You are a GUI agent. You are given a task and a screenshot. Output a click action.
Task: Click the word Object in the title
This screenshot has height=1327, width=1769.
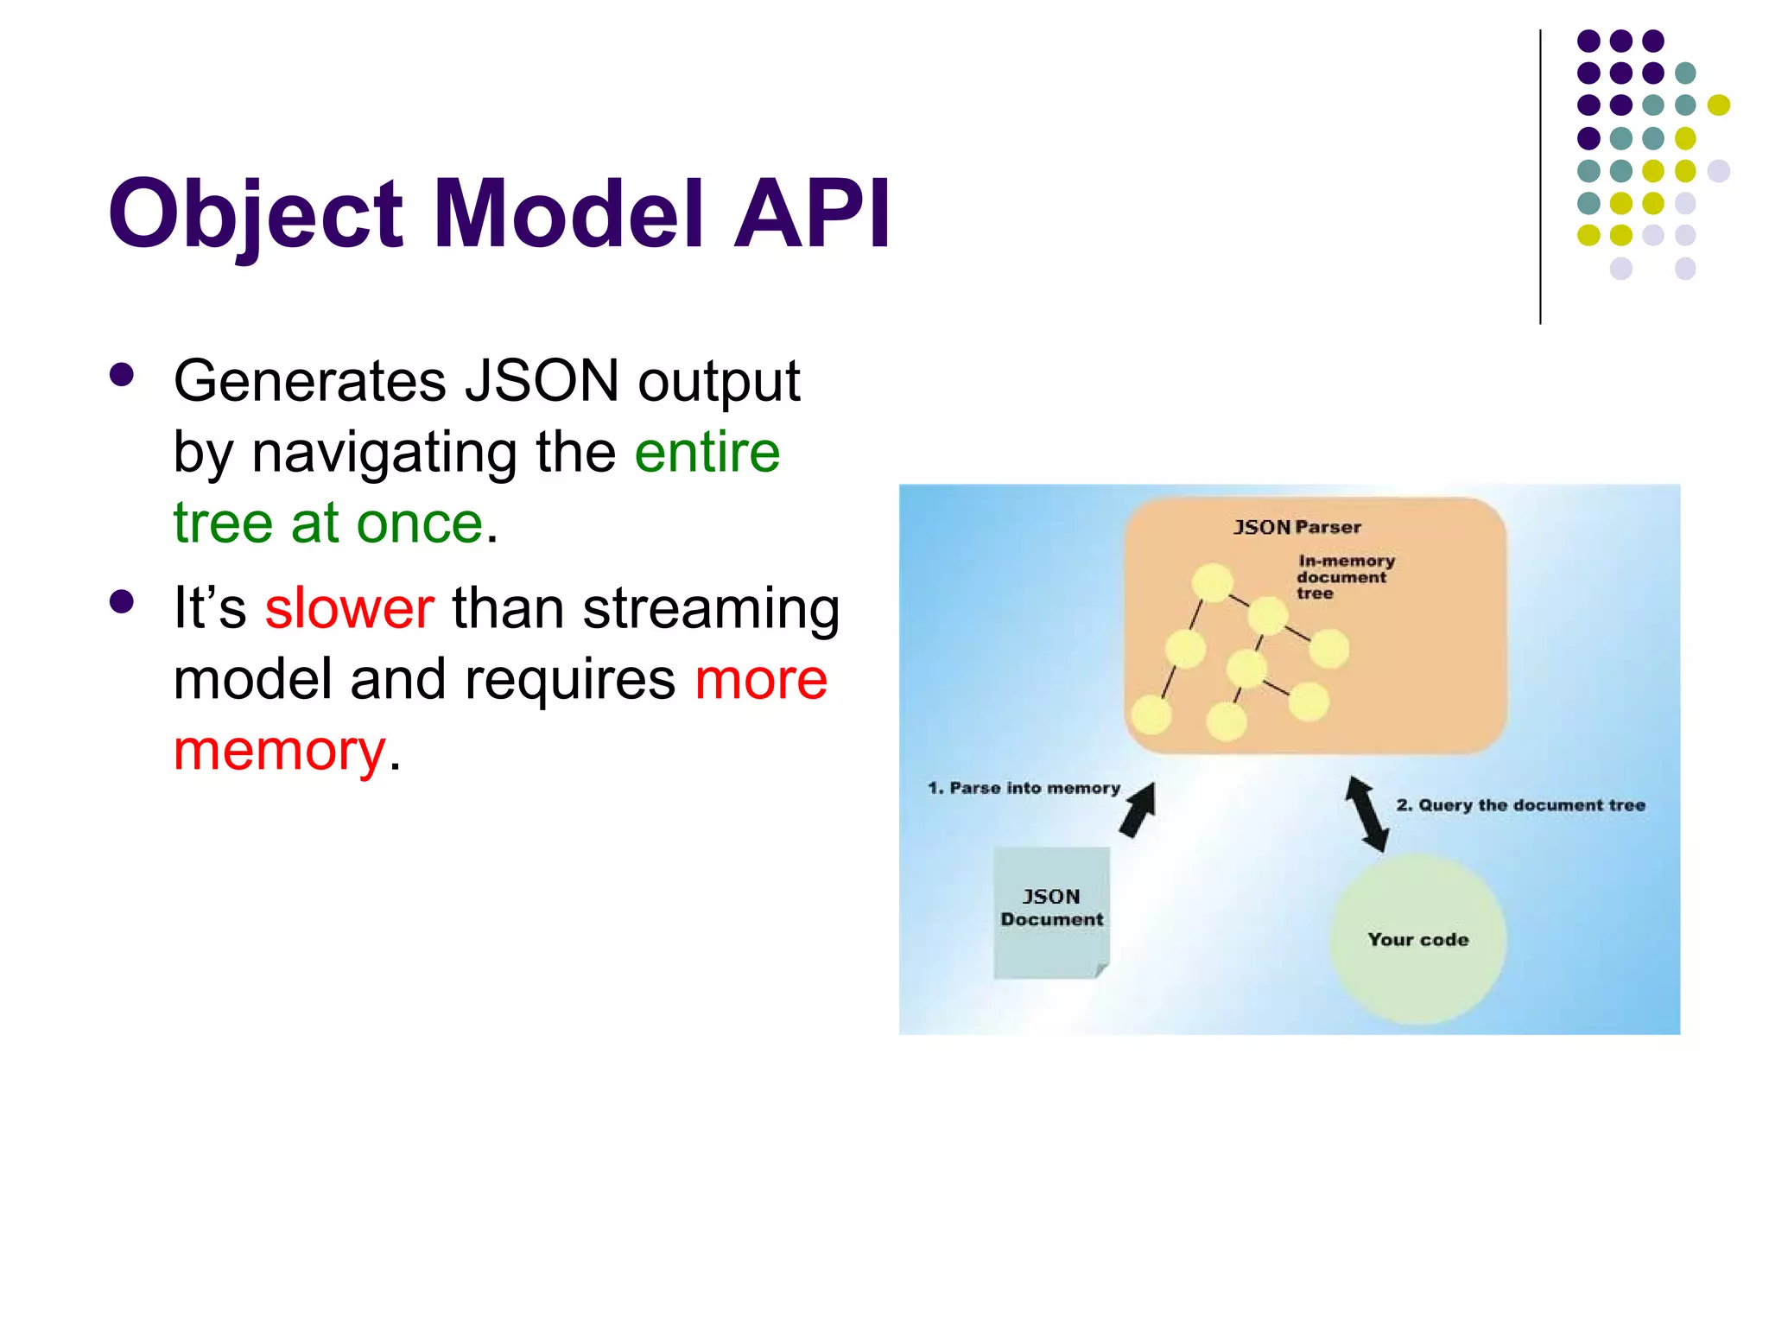[x=255, y=214]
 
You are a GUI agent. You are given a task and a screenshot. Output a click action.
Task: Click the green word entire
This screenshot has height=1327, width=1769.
[x=707, y=452]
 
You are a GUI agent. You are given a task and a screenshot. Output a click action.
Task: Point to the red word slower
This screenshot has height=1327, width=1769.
[x=349, y=608]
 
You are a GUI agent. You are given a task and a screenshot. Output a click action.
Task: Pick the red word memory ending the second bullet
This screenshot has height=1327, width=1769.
[x=279, y=750]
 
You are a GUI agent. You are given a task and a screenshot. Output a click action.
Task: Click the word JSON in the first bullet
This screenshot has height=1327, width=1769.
[x=542, y=380]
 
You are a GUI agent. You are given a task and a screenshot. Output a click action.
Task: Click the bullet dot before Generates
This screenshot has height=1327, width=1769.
[x=122, y=375]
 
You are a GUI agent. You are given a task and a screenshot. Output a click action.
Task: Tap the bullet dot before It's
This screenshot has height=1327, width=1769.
[x=122, y=602]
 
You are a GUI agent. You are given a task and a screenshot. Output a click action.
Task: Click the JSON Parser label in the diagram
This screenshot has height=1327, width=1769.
[x=1297, y=527]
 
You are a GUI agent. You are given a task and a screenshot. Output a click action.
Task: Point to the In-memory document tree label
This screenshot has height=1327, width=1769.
[x=1344, y=577]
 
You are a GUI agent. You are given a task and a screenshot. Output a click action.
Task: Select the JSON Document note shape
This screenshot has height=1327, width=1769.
[x=1051, y=911]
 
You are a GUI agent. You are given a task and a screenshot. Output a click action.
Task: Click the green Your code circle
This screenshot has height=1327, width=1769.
[x=1417, y=939]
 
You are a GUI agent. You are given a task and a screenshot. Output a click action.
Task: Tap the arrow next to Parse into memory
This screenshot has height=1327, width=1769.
[x=1138, y=810]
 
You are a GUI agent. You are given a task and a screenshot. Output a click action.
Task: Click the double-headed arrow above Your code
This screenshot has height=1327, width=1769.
[x=1367, y=814]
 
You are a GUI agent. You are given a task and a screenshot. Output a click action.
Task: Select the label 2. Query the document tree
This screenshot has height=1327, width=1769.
[x=1520, y=805]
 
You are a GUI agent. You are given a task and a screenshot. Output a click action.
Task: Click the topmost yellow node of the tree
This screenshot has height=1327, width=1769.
[x=1212, y=582]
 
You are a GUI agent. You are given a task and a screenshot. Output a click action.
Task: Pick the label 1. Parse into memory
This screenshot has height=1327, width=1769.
[x=1024, y=788]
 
